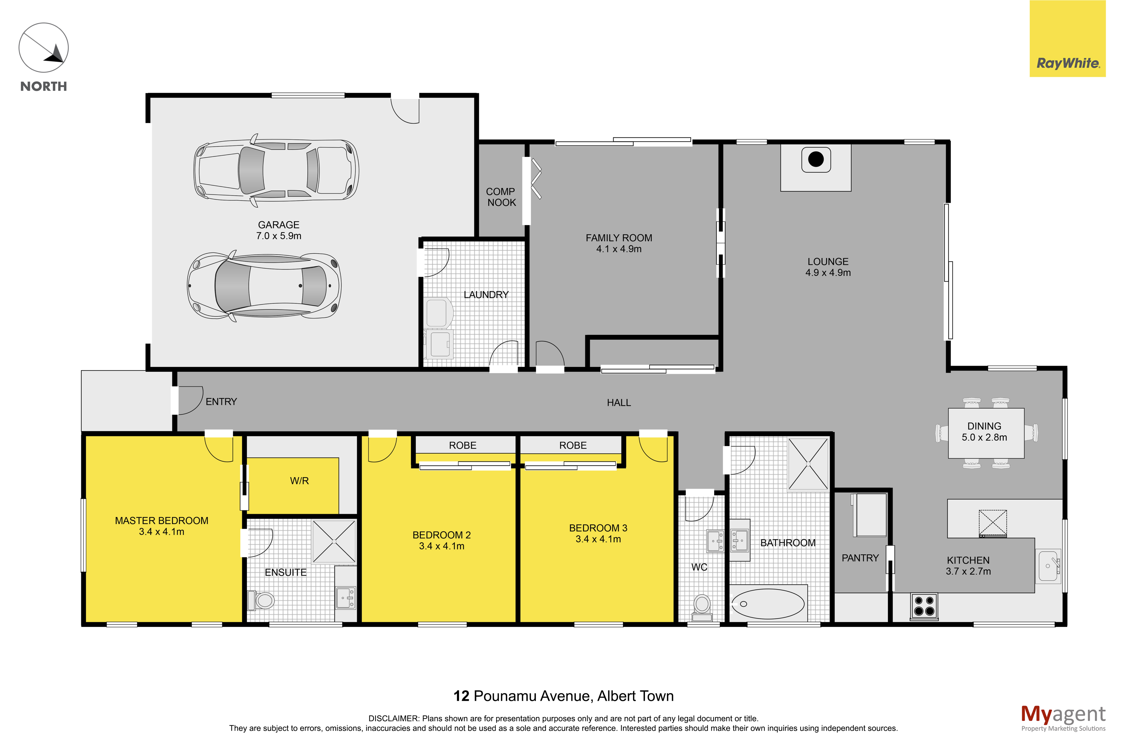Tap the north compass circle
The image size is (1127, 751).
coord(44,48)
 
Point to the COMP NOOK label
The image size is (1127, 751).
coord(501,197)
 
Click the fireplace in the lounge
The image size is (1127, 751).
coord(816,159)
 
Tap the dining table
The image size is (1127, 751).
coord(986,433)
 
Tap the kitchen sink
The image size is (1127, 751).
coord(1049,566)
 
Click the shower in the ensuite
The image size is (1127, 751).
coord(334,541)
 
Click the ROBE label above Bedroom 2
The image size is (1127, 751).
coord(463,445)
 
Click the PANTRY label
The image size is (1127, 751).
coord(860,558)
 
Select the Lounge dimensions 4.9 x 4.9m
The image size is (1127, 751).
coord(828,273)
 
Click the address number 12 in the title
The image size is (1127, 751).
coord(461,696)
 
